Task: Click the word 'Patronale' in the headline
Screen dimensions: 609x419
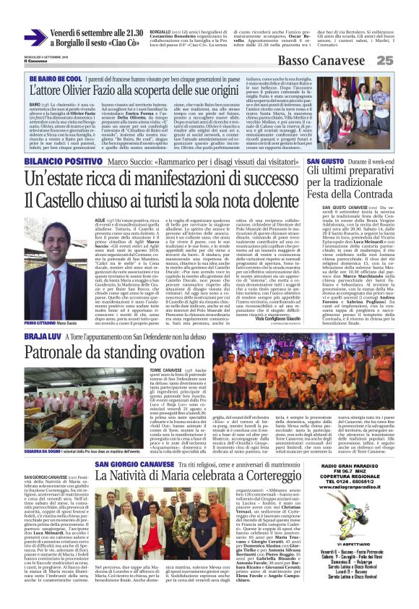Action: pos(56,332)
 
